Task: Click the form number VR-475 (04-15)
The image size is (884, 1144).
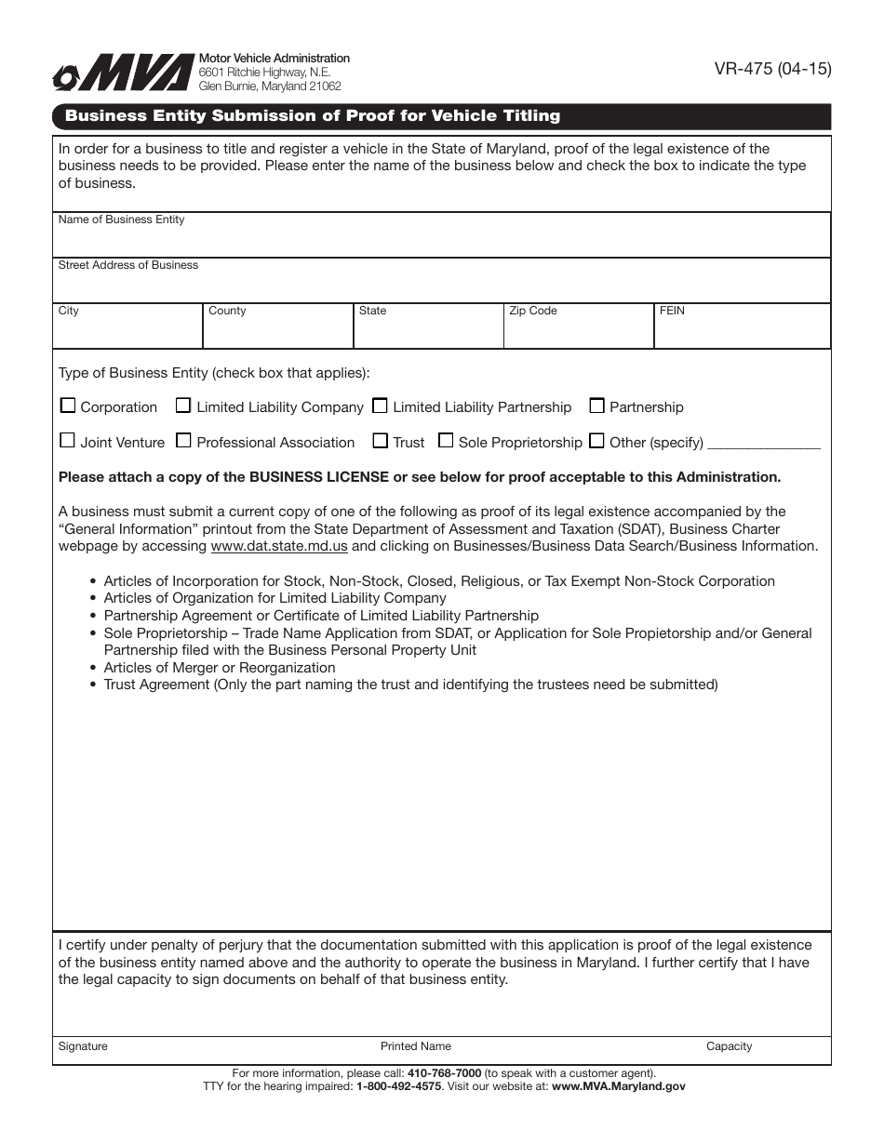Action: [772, 69]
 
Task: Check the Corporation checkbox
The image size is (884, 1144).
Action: [68, 406]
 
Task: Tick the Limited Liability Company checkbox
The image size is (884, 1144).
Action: [184, 406]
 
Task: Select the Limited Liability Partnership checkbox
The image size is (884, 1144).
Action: [380, 406]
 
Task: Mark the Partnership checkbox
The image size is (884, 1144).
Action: [597, 406]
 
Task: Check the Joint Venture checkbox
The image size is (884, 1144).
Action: [68, 441]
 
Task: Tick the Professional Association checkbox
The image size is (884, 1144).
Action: [184, 441]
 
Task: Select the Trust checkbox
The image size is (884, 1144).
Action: [380, 441]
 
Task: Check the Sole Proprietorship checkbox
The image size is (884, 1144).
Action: [446, 441]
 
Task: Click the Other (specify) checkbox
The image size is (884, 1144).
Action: [597, 441]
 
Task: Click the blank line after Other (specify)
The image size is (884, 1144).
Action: [764, 445]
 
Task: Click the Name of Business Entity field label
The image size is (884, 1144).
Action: [121, 219]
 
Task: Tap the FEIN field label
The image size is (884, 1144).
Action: [672, 311]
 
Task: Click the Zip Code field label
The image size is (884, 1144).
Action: [532, 311]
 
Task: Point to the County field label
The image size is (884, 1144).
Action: [227, 311]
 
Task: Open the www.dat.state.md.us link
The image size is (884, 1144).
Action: [279, 546]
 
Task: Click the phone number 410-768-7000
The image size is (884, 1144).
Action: [444, 1072]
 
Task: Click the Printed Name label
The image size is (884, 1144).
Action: [415, 1046]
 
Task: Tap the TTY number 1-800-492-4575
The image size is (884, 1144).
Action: [398, 1086]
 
